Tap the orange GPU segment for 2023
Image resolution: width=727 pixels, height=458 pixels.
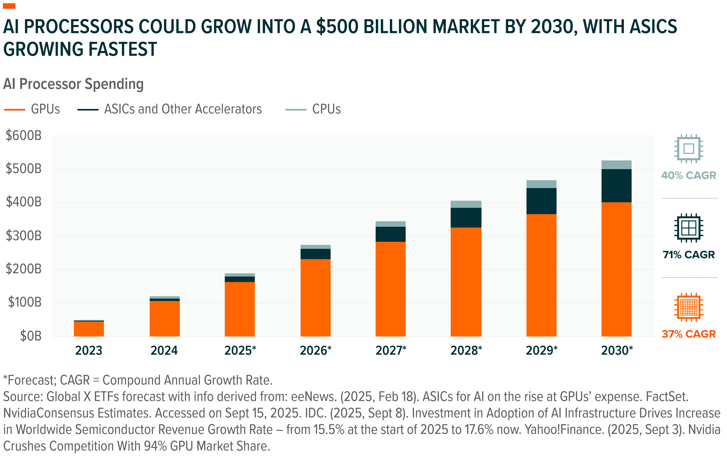(x=89, y=329)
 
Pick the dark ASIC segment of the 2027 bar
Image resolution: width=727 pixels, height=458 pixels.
(x=390, y=234)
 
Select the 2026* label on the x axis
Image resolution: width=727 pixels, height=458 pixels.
(x=316, y=351)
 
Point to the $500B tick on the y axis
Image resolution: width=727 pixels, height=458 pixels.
(x=24, y=169)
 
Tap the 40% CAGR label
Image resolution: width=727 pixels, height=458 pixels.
(x=688, y=175)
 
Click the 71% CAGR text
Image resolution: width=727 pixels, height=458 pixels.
(x=688, y=255)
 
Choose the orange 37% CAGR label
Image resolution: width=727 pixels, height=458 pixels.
(x=688, y=334)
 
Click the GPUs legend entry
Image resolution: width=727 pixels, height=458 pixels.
(x=45, y=109)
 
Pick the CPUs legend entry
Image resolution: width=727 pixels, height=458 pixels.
(x=326, y=109)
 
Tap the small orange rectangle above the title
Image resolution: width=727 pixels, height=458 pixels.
(x=9, y=6)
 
